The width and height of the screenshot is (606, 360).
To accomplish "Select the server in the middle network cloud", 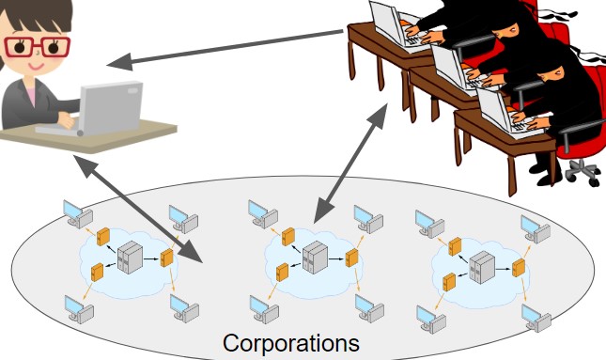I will tap(314, 256).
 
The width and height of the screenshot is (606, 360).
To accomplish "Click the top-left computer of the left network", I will tap(72, 214).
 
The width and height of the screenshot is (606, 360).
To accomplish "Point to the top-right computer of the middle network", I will tap(366, 218).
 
